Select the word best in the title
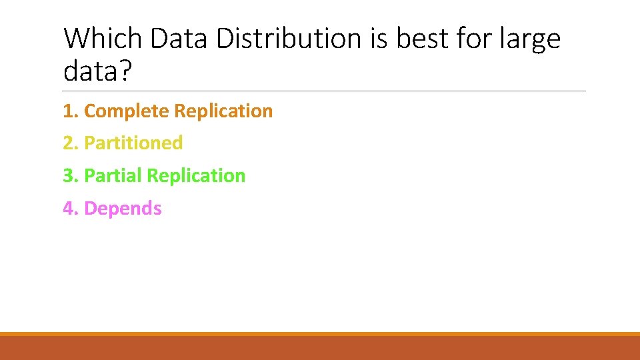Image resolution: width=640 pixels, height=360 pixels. tap(423, 39)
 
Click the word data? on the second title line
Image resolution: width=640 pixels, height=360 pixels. tap(98, 71)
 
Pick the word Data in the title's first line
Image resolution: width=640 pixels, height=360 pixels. tap(178, 39)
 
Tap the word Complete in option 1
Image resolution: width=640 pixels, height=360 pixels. tap(127, 111)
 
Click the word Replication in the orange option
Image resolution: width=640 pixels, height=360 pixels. tap(223, 111)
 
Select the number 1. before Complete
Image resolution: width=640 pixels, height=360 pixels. tap(71, 111)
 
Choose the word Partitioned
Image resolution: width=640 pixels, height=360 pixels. tap(133, 143)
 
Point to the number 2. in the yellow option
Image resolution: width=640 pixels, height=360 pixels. tap(71, 143)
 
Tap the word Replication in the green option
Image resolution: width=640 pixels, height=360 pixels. tap(196, 176)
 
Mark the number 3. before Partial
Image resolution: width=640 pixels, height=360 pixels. tap(71, 176)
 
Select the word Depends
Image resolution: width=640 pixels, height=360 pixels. tap(123, 209)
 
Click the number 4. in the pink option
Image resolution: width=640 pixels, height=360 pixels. tap(71, 209)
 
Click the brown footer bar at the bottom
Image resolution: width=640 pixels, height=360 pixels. tap(320, 348)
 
